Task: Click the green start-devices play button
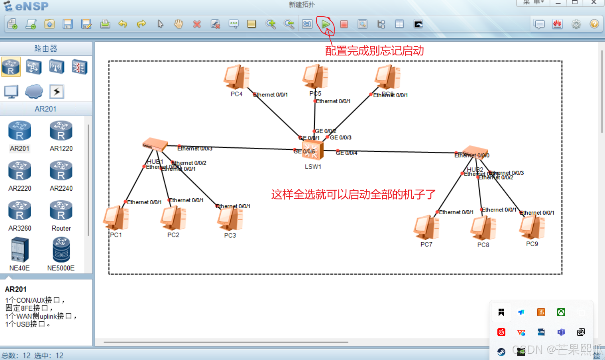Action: tap(326, 24)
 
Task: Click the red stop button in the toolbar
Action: tap(344, 24)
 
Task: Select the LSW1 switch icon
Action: tap(312, 151)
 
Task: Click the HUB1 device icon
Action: tap(155, 145)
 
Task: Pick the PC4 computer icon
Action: tap(236, 77)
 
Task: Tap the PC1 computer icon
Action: tap(116, 218)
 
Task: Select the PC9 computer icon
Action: tap(532, 227)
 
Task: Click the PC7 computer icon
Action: tap(426, 227)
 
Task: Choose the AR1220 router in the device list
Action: tap(61, 131)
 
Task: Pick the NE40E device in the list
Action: tap(20, 250)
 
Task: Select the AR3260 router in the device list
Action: tap(20, 211)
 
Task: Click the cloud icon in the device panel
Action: tap(34, 92)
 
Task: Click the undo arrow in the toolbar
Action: tap(123, 24)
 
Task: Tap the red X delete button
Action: tap(197, 24)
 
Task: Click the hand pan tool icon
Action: tap(179, 24)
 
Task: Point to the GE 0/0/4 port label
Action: tap(346, 153)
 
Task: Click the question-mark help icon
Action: tap(594, 24)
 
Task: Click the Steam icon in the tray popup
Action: tap(501, 351)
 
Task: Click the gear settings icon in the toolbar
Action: tap(576, 24)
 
